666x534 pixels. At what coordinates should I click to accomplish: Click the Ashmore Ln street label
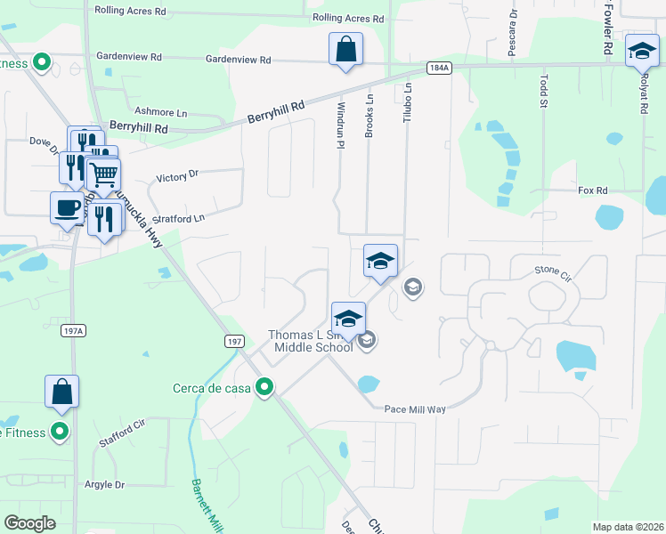(161, 112)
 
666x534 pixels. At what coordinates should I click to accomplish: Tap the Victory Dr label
(176, 176)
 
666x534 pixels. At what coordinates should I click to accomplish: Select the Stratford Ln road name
(178, 217)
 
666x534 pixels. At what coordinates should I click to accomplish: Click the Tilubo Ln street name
(408, 103)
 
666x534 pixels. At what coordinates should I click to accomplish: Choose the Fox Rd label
(592, 190)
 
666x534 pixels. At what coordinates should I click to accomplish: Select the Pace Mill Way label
(414, 409)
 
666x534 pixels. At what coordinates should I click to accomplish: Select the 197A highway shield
(74, 331)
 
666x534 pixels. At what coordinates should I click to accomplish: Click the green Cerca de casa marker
(264, 387)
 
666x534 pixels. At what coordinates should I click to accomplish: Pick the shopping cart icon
(103, 174)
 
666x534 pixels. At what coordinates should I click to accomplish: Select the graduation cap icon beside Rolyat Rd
(641, 51)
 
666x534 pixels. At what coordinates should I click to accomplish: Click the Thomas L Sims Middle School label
(311, 341)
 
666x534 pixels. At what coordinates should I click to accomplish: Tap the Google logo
(30, 523)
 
